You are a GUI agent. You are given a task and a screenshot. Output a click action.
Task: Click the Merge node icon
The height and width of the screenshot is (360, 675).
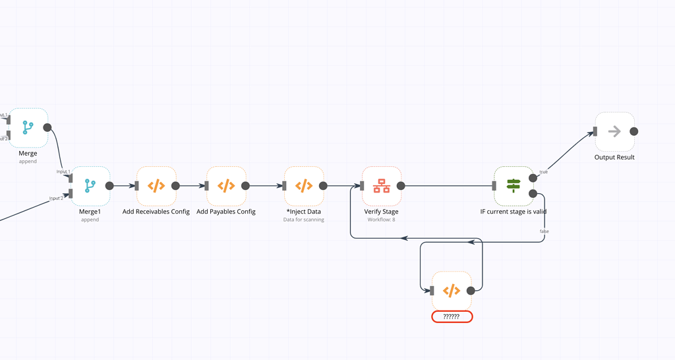click(x=28, y=127)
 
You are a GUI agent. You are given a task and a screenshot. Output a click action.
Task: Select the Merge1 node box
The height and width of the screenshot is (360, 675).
click(x=90, y=186)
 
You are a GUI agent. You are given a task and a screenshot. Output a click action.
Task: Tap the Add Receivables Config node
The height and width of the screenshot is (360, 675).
click(x=156, y=186)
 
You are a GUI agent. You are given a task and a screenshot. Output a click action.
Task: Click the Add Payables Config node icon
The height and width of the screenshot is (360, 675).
click(x=226, y=186)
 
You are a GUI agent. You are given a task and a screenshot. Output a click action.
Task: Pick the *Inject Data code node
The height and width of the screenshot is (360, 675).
click(x=304, y=186)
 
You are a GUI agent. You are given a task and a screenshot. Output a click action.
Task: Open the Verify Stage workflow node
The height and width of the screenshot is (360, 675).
click(x=382, y=186)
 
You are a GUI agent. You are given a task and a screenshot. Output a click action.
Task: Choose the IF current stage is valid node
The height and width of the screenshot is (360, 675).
click(x=514, y=186)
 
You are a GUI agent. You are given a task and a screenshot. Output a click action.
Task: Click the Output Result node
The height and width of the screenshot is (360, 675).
click(x=614, y=131)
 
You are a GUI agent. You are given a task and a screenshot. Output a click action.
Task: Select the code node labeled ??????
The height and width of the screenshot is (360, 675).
click(x=452, y=291)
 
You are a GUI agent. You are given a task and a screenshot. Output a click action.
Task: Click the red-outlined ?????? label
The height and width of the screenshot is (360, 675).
click(x=452, y=316)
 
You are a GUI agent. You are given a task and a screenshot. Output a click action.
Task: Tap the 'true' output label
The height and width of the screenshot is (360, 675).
click(x=544, y=172)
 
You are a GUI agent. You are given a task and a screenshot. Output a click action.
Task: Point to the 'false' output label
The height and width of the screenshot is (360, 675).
click(x=544, y=231)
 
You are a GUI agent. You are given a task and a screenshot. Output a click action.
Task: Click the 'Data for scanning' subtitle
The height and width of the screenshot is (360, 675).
click(x=304, y=220)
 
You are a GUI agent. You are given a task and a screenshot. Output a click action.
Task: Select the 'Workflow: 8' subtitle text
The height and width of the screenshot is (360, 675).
click(x=382, y=220)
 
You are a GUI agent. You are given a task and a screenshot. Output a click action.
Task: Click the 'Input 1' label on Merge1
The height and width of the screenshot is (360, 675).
click(x=63, y=171)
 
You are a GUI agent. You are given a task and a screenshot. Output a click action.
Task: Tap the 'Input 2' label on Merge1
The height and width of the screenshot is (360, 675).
click(x=57, y=198)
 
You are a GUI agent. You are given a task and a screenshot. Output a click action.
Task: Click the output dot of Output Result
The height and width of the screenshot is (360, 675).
click(x=634, y=131)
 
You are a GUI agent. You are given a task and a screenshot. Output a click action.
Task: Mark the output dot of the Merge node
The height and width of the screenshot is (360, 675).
click(x=47, y=127)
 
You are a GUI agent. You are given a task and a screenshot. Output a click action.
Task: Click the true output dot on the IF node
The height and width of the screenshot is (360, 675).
click(x=533, y=178)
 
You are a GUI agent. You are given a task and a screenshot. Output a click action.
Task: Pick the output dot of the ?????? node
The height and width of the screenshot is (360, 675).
click(x=471, y=291)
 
